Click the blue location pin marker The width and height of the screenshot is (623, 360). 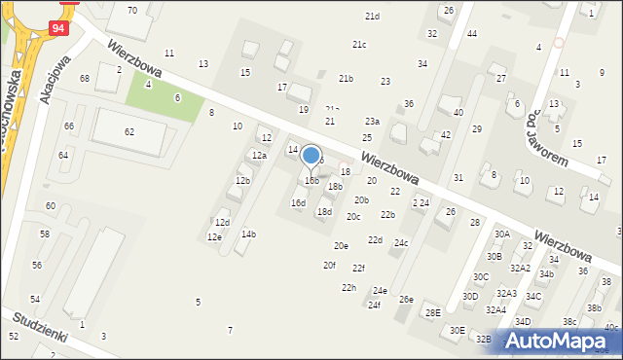(x=311, y=157)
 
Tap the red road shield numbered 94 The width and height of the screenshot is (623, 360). (x=59, y=28)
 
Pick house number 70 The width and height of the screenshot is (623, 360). (x=131, y=10)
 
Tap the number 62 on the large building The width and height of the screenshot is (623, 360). (x=129, y=131)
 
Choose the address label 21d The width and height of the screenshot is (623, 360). (x=372, y=17)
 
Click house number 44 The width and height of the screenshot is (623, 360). (x=472, y=34)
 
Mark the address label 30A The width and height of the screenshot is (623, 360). (x=501, y=234)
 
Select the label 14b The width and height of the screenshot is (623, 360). (x=248, y=234)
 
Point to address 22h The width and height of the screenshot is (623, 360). (x=348, y=288)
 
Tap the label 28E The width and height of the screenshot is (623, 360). (x=432, y=312)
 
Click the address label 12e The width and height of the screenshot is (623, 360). (x=214, y=237)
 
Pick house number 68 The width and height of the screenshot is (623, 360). (x=85, y=78)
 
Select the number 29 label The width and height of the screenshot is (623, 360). (x=477, y=129)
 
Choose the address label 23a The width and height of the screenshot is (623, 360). (x=372, y=122)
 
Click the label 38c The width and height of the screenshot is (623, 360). (x=569, y=322)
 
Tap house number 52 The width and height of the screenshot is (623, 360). (x=14, y=336)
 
